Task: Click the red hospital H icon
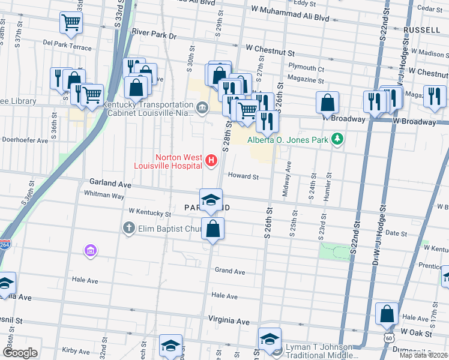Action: coord(211,160)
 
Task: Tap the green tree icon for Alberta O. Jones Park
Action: coord(338,139)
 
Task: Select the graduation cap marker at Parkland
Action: coord(211,200)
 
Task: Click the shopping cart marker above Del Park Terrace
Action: coord(71,23)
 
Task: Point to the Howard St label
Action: coord(243,177)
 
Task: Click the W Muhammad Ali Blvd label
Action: coord(291,18)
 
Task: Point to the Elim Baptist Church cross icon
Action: coord(127,228)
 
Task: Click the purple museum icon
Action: coord(91,250)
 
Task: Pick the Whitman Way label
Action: coord(104,195)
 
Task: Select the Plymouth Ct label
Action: coord(306,68)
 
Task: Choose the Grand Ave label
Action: coord(230,271)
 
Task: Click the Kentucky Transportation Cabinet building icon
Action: coord(202,108)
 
